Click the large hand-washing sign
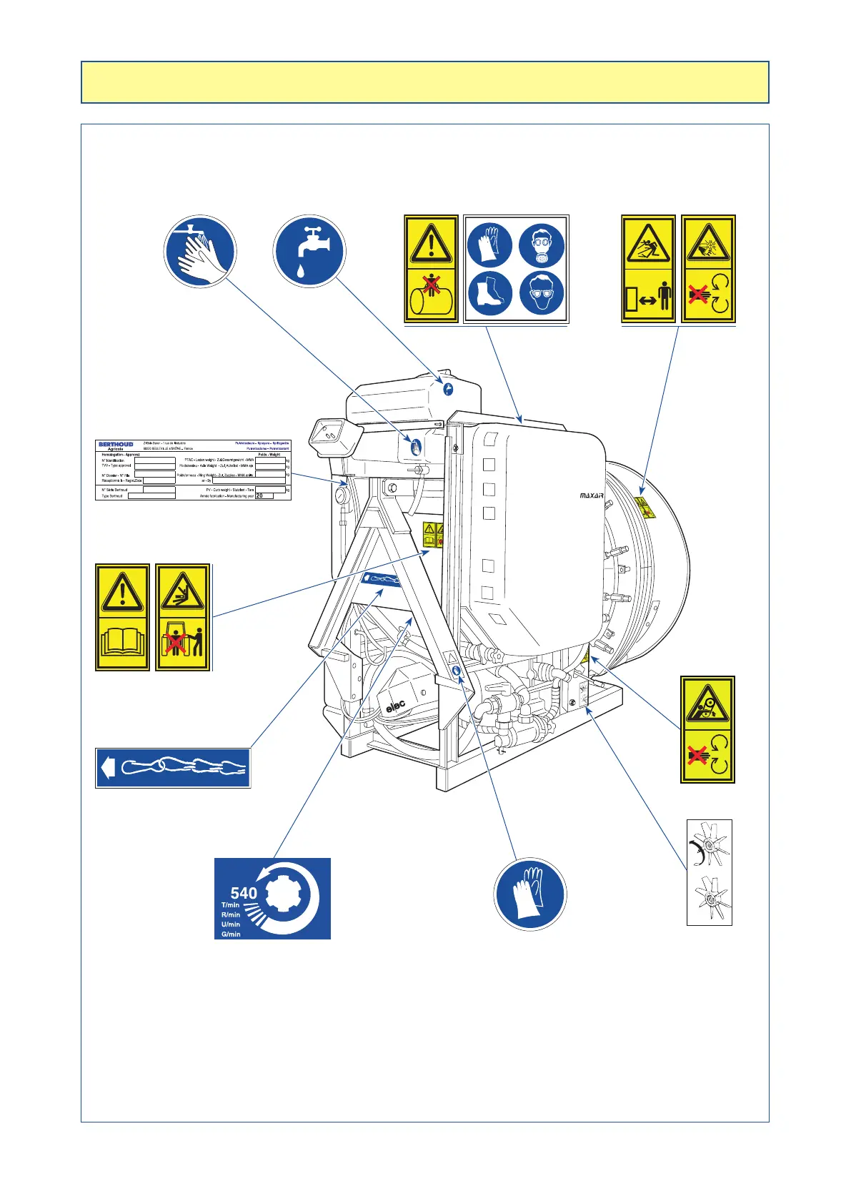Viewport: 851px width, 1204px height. tap(200, 252)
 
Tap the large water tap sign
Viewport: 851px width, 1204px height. tap(309, 251)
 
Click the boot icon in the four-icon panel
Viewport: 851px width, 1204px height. tap(489, 292)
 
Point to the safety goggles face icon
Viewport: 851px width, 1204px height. tap(542, 292)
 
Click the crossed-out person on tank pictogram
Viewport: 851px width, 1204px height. tap(431, 295)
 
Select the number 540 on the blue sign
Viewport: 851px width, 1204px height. tap(244, 893)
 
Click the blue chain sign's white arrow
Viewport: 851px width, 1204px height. tap(108, 769)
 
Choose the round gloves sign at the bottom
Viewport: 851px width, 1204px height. tap(529, 894)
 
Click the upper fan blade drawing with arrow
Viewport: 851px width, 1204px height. tap(708, 845)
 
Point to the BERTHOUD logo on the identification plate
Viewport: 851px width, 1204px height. tap(116, 444)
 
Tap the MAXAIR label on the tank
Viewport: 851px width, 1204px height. tap(591, 495)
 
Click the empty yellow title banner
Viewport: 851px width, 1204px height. tap(424, 82)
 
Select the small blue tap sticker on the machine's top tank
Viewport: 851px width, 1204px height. tap(448, 390)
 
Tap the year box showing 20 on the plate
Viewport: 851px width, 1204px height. tap(263, 495)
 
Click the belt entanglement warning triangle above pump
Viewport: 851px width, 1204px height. tap(707, 704)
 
